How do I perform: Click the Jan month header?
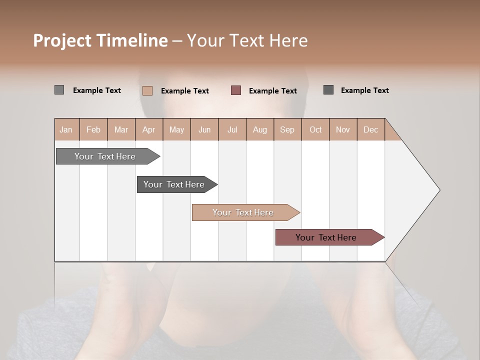66,129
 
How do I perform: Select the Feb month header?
93,129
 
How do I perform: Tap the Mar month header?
121,129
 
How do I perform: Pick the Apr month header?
149,129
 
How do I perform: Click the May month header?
176,129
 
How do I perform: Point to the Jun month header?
204,129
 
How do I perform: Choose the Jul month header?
232,129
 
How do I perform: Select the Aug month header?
260,129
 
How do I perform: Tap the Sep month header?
287,129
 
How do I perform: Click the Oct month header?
315,129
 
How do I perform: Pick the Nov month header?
343,129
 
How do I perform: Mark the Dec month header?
371,129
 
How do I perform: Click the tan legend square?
147,90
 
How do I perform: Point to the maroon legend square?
236,90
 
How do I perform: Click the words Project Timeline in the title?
100,40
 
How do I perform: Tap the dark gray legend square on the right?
328,90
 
